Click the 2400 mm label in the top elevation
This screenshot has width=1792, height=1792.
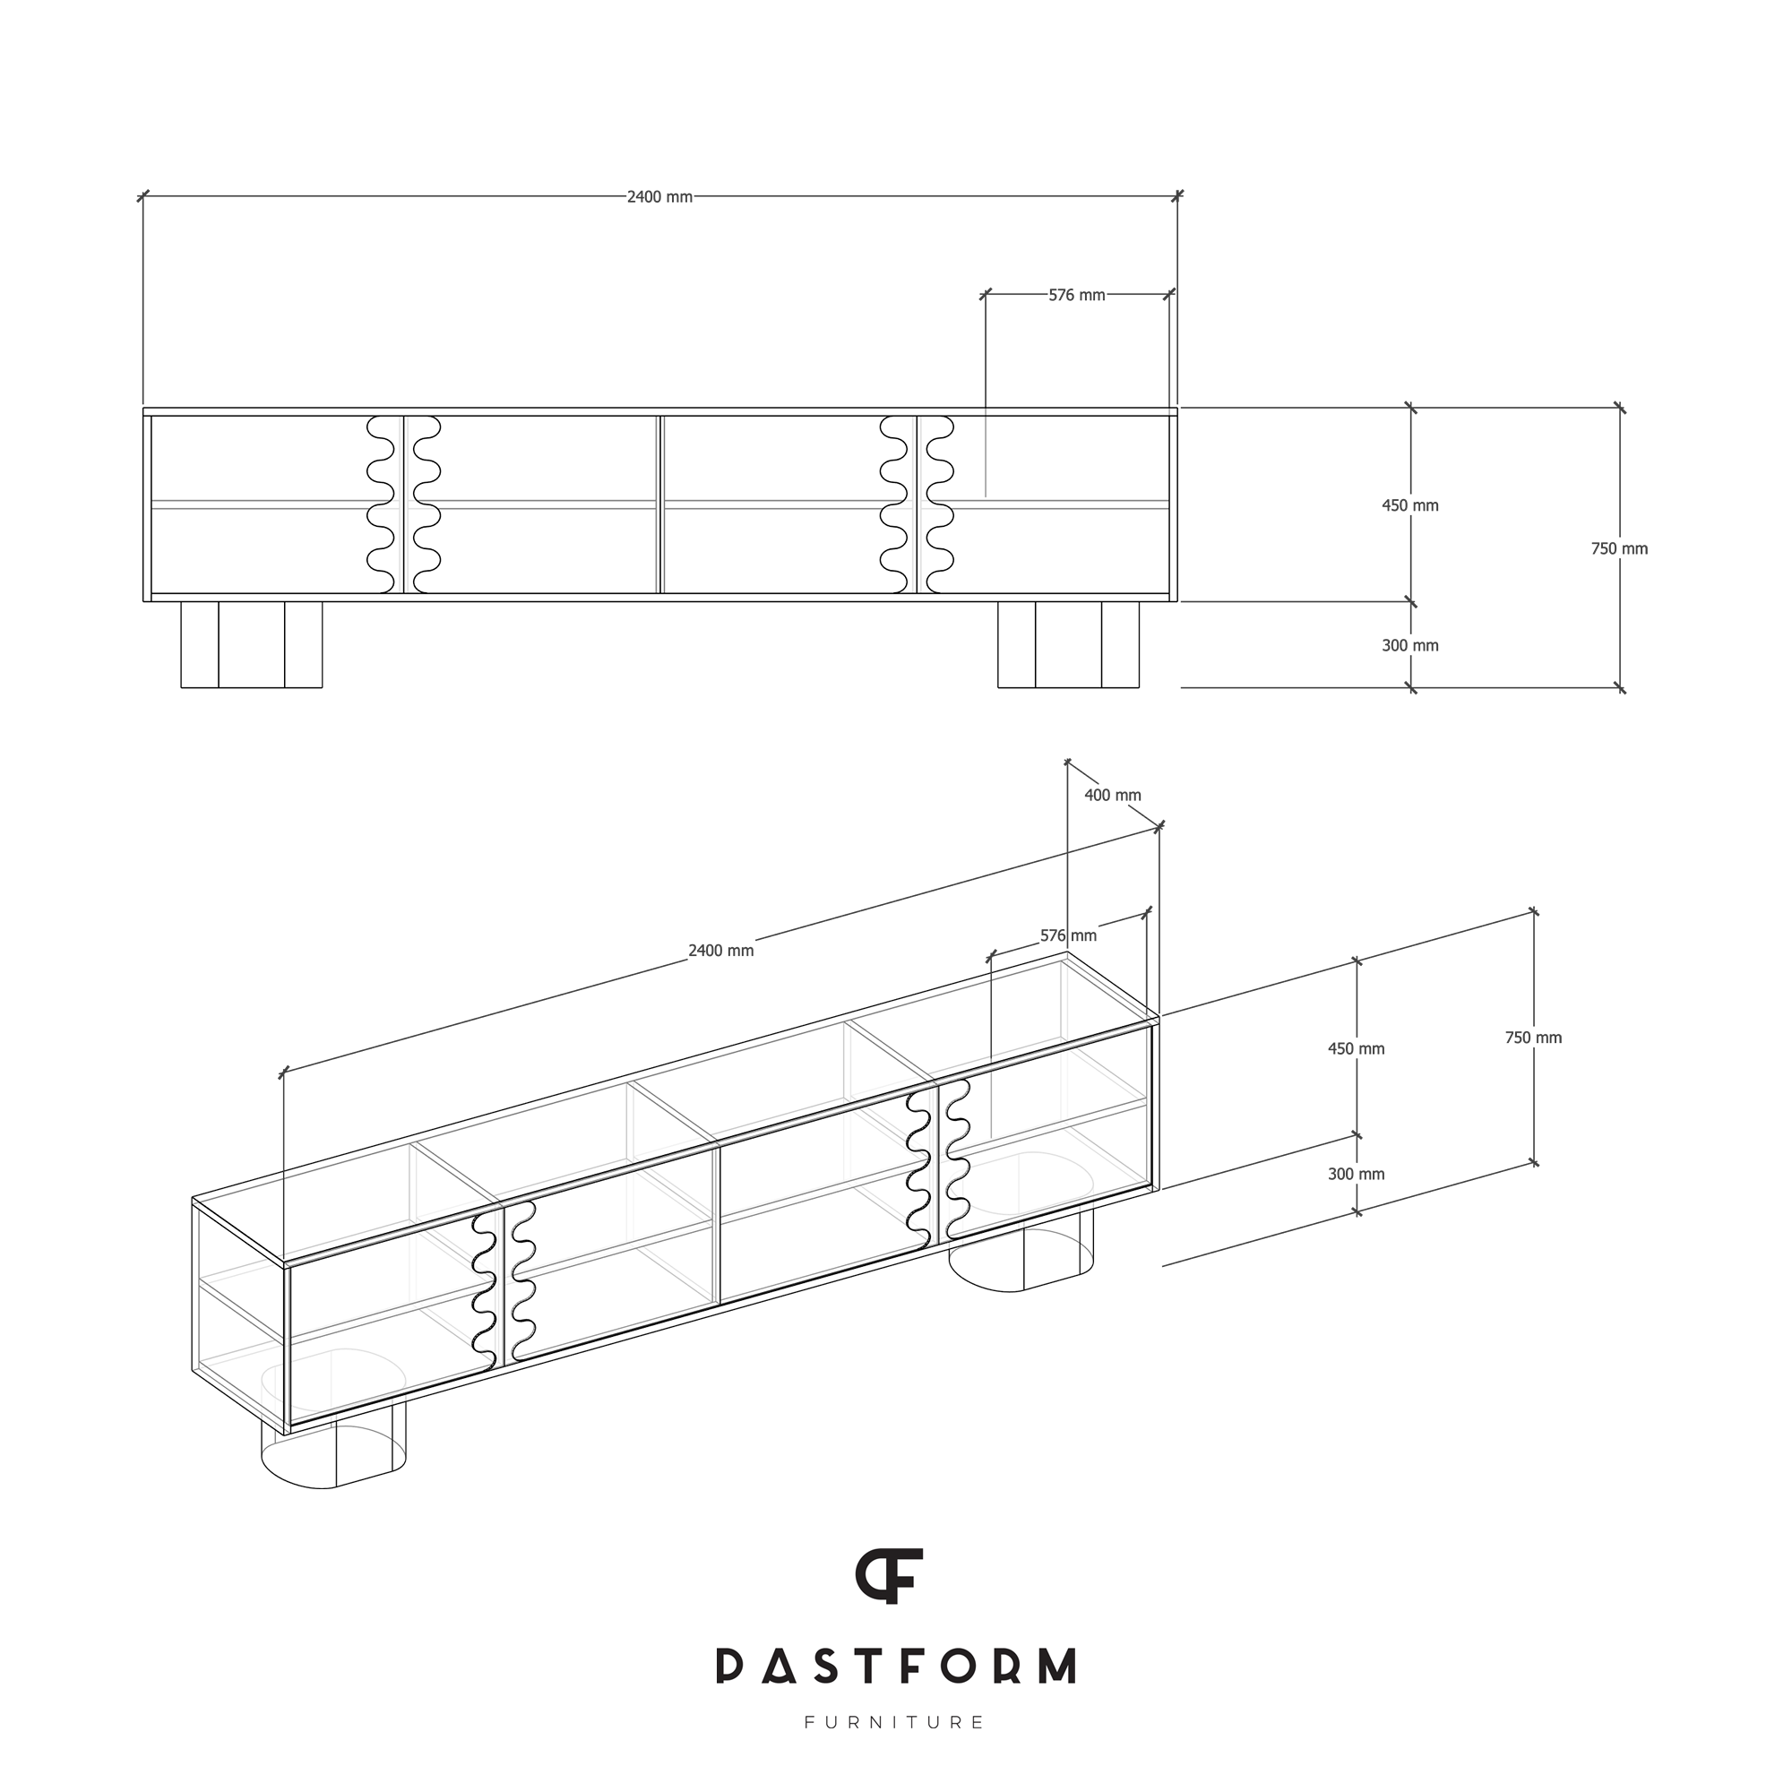point(659,197)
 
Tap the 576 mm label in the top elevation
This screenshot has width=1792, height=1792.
point(1077,295)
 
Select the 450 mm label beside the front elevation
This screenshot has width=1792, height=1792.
point(1409,505)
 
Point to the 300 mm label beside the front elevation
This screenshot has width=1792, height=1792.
point(1409,645)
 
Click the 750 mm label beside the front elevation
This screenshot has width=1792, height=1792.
point(1619,549)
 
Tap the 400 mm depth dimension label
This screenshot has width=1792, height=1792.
point(1113,796)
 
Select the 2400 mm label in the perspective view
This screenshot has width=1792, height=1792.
point(720,951)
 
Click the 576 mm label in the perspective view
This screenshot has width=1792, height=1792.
point(1069,936)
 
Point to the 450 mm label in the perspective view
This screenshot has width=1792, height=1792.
point(1356,1049)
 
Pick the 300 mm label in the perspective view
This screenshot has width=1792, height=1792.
point(1356,1175)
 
